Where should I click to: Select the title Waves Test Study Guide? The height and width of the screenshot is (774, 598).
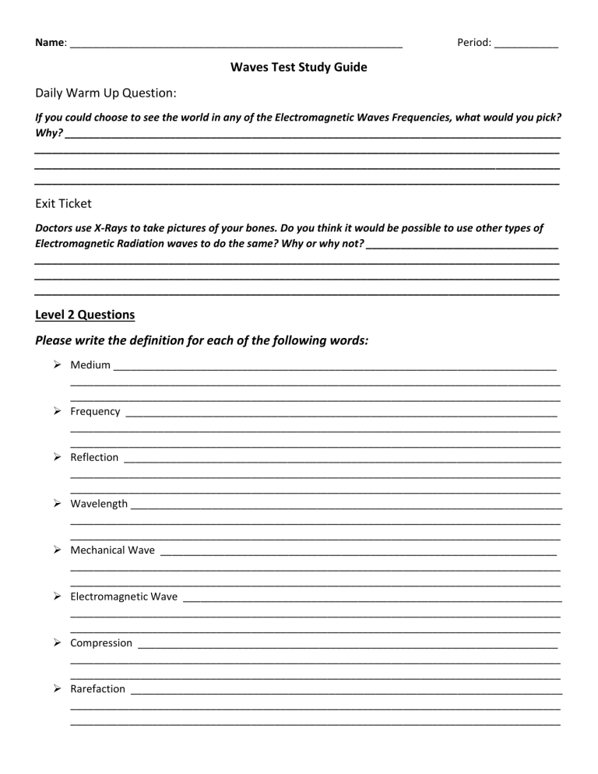point(299,67)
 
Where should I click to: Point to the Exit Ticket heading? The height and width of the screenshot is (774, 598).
point(63,203)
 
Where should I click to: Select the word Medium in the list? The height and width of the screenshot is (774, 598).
point(90,364)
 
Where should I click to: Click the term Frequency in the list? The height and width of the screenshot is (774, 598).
point(95,411)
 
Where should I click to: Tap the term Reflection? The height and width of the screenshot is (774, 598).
point(94,457)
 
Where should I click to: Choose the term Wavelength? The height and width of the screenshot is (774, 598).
point(99,504)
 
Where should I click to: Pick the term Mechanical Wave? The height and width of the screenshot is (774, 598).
point(112,550)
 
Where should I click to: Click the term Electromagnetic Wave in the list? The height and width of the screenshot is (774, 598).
point(124,596)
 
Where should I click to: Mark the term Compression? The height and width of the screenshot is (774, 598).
point(101,643)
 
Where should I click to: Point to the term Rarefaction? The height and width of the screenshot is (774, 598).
point(97,689)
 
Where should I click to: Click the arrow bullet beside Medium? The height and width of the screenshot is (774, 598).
point(58,364)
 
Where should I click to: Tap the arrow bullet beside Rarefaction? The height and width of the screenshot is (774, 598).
point(58,689)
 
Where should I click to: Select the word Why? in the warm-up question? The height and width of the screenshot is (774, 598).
point(48,134)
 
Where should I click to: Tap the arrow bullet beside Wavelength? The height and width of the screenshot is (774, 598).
point(58,504)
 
